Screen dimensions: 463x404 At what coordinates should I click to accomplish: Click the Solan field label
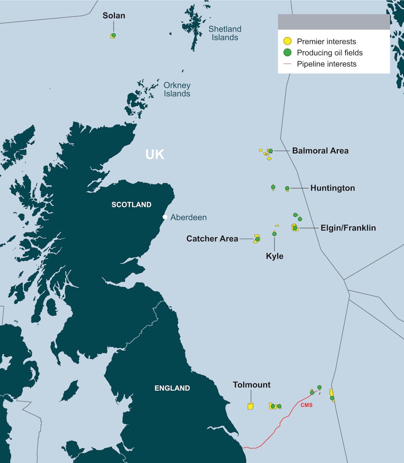(114, 16)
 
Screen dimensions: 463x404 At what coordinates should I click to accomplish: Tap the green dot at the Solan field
(114, 35)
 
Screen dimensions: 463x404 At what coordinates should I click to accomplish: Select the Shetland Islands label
(225, 33)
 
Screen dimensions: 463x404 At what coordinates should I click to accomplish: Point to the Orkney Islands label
(177, 89)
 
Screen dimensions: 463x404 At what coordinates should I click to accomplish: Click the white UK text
(155, 154)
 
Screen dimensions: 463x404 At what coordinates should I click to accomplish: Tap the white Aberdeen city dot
(165, 217)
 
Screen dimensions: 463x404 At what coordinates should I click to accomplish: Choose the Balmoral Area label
(320, 151)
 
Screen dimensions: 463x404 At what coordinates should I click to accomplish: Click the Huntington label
(333, 188)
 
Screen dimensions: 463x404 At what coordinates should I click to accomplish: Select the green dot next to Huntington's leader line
(287, 188)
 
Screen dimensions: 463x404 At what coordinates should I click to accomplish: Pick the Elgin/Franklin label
(348, 228)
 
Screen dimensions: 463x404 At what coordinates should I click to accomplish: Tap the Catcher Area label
(212, 239)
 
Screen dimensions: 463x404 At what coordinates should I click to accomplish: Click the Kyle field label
(275, 256)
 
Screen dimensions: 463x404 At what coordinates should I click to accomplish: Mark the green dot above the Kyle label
(274, 234)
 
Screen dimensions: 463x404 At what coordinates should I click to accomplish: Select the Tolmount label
(252, 385)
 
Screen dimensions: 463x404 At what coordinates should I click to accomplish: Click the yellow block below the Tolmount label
(250, 406)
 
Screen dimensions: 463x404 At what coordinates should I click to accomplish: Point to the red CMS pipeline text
(307, 405)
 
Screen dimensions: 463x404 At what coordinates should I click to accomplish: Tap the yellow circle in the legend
(288, 41)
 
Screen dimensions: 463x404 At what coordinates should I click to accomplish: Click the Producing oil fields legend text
(330, 53)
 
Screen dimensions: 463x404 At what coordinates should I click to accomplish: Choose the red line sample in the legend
(288, 64)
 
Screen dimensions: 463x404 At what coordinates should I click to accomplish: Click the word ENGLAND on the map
(172, 388)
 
